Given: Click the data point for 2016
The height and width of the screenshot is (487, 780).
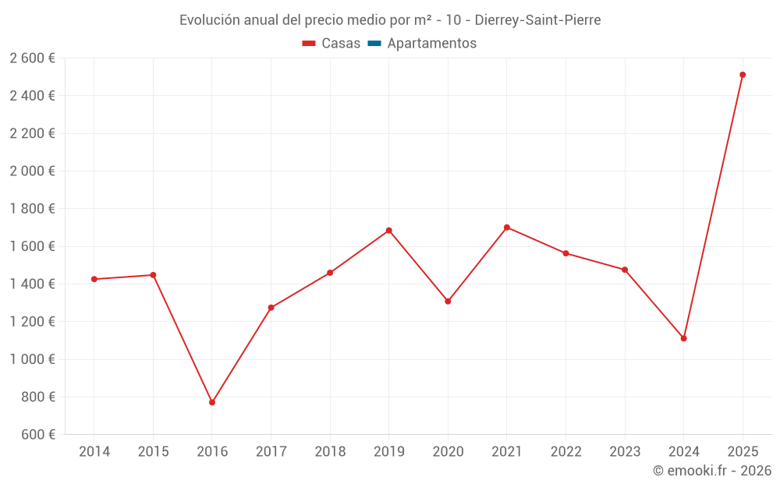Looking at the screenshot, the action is click(212, 403).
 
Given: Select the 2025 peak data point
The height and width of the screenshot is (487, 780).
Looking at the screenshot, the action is click(743, 75).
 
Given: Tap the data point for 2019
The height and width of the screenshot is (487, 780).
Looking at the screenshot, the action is click(389, 231).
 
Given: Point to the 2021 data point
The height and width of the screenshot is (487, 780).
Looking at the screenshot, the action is click(507, 228).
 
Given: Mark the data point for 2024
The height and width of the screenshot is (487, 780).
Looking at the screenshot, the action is click(684, 338).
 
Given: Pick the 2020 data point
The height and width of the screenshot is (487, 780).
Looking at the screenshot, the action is click(448, 302).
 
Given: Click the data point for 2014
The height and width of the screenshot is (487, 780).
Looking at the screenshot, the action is click(94, 279).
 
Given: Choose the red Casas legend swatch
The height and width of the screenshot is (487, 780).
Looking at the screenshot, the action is click(309, 44).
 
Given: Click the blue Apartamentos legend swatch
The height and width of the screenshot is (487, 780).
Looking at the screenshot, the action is click(374, 44).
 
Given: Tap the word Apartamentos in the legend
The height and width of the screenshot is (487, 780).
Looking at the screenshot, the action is click(432, 44).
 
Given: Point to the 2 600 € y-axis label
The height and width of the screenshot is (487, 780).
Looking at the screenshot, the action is click(32, 58).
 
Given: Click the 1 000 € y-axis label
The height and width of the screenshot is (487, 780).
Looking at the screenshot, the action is click(32, 359).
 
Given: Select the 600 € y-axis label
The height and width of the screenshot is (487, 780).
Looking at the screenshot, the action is click(38, 435).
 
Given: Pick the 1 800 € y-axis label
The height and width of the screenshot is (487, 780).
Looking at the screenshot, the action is click(32, 209).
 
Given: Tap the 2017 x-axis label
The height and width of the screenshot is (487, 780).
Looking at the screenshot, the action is click(271, 452).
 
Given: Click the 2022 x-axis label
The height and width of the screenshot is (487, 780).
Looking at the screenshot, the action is click(566, 452).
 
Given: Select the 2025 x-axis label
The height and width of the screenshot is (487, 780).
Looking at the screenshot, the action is click(743, 452).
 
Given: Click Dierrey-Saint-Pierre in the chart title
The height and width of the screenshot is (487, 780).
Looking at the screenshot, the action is click(537, 20).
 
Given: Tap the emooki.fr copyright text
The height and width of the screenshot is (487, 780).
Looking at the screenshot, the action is click(712, 471).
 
